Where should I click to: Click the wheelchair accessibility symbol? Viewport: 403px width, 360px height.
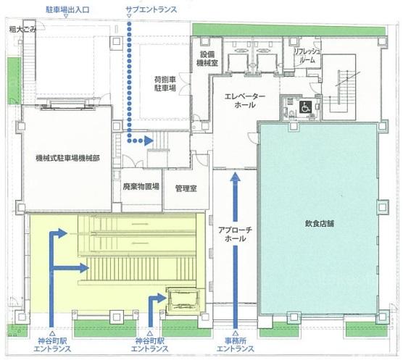[x=305, y=106]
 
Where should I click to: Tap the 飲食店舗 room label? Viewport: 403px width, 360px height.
[x=319, y=224]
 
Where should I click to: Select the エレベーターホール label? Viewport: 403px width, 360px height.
[x=245, y=101]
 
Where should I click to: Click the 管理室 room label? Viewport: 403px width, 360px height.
[x=186, y=189]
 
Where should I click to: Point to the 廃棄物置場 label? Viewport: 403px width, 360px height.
[x=141, y=186]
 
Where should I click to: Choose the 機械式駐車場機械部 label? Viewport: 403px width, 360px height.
[x=67, y=158]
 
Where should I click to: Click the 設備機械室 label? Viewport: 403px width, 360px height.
[x=207, y=59]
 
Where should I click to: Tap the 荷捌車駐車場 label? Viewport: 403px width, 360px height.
[x=165, y=83]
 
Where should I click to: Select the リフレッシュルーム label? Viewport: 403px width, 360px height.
[x=307, y=56]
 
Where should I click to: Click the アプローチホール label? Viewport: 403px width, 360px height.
[x=235, y=234]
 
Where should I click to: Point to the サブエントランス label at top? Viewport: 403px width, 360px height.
[x=151, y=9]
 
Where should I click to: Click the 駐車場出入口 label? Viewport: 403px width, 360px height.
[x=67, y=9]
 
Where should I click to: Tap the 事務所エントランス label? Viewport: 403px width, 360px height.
[x=235, y=345]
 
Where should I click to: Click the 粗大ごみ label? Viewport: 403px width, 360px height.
[x=22, y=30]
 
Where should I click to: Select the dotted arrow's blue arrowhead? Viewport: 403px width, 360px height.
[x=149, y=141]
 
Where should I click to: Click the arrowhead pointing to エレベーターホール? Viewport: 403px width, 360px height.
[x=235, y=177]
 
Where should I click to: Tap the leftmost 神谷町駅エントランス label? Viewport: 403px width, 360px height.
[x=52, y=345]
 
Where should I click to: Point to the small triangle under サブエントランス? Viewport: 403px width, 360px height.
[x=129, y=16]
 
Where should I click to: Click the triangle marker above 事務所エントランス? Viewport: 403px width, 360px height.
[x=235, y=333]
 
